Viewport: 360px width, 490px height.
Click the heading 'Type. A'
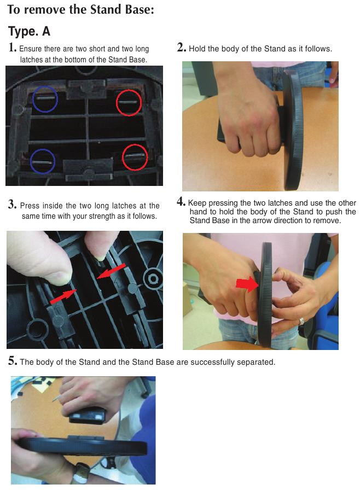click(x=29, y=31)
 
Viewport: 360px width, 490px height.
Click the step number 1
click(x=12, y=48)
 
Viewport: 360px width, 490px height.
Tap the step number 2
click(x=181, y=48)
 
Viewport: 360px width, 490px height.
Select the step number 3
click(x=12, y=205)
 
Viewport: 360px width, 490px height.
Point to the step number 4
click(x=181, y=202)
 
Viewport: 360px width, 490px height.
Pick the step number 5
click(x=13, y=361)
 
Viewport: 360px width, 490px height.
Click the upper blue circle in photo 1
click(x=33, y=100)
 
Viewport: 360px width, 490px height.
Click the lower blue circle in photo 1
click(x=31, y=161)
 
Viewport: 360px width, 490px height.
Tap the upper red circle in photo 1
click(x=117, y=102)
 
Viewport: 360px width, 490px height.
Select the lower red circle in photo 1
click(x=123, y=157)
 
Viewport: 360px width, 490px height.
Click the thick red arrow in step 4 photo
click(x=247, y=284)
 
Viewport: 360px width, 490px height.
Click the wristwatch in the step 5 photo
click(x=82, y=473)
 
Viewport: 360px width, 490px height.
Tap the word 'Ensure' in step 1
click(x=30, y=49)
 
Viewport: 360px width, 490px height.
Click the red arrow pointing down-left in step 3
click(x=111, y=271)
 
